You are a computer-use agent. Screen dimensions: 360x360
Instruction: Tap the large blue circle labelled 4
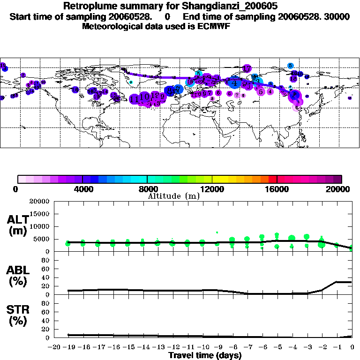[234, 83]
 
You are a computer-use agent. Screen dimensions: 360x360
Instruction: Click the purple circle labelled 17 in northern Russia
[247, 69]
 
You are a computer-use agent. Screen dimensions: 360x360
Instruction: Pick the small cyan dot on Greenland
[131, 82]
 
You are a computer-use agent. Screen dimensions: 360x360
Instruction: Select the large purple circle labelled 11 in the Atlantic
[135, 99]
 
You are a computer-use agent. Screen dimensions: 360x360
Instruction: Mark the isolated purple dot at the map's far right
[350, 98]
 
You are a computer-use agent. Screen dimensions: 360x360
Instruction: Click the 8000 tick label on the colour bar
[147, 189]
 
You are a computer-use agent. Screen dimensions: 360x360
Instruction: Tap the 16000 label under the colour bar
[277, 189]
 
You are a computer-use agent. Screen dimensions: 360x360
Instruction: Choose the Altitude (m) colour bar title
[174, 196]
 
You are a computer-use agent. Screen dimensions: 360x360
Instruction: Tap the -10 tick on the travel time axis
[202, 347]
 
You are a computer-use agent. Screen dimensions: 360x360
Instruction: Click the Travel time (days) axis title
[205, 355]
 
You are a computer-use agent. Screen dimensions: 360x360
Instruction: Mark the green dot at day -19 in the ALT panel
[68, 243]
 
